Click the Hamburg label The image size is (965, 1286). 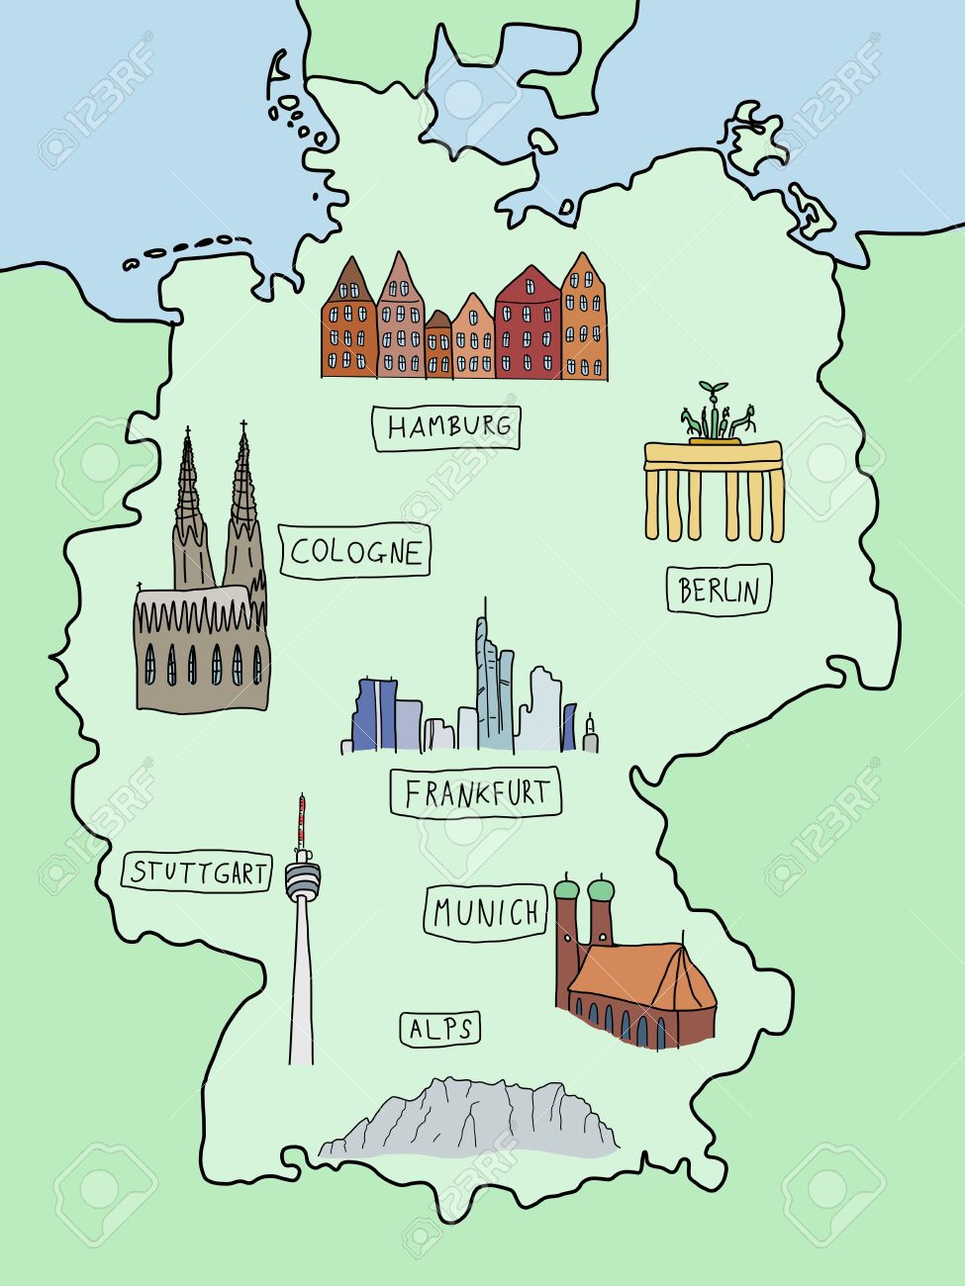[446, 427]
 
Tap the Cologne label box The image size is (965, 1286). [355, 552]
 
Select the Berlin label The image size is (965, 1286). [719, 591]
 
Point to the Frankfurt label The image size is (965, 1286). [475, 792]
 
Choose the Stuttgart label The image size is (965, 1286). [197, 873]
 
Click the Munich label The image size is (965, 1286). [486, 912]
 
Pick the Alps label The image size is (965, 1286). [440, 1029]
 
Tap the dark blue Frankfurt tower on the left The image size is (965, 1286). [375, 714]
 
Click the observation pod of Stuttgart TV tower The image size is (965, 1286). [303, 878]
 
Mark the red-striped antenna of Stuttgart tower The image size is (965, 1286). [301, 821]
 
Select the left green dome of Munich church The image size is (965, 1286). [567, 891]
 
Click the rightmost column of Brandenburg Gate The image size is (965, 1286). [776, 505]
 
